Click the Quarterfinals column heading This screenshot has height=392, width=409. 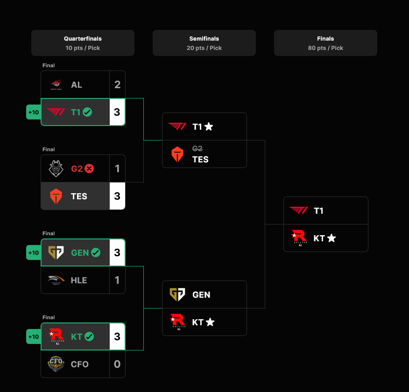click(83, 39)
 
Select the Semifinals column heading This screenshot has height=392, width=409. click(204, 39)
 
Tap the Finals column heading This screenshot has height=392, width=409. click(325, 39)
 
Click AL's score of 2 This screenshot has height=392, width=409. click(117, 84)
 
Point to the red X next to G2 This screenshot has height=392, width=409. click(89, 168)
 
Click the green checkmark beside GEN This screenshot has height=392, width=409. click(96, 252)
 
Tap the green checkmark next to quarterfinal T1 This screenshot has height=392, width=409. click(87, 112)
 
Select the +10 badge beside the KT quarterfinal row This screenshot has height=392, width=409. click(34, 336)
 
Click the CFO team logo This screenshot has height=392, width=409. click(56, 364)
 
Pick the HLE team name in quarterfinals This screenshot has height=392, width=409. click(79, 280)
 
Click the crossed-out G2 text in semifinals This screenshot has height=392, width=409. click(197, 149)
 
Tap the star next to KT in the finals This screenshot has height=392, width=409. click(331, 238)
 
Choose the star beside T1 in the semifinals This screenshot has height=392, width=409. click(209, 126)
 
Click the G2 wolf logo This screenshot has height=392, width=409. click(56, 168)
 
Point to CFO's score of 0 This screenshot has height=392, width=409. click(117, 364)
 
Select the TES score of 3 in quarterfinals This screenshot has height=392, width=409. click(117, 196)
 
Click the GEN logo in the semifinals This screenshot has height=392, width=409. click(177, 294)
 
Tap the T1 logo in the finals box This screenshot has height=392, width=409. click(298, 210)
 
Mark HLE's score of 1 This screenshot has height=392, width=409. click(117, 280)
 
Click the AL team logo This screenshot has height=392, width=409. click(56, 84)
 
